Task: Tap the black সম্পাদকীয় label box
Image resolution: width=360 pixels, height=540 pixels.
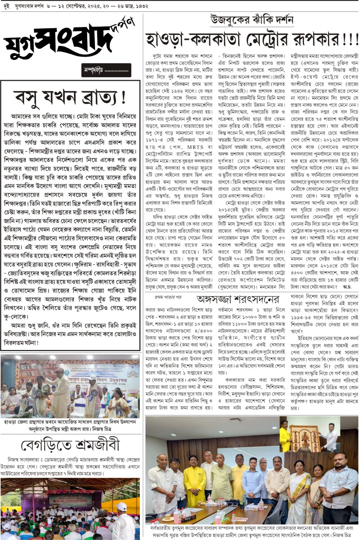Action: pyautogui.click(x=106, y=71)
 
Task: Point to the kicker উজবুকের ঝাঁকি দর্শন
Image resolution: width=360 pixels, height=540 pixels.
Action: pyautogui.click(x=252, y=20)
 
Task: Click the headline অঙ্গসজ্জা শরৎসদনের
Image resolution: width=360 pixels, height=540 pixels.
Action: pyautogui.click(x=238, y=299)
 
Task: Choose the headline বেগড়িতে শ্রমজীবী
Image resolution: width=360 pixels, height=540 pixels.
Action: pyautogui.click(x=70, y=445)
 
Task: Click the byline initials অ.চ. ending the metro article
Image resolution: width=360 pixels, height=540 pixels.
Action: pyautogui.click(x=346, y=287)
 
